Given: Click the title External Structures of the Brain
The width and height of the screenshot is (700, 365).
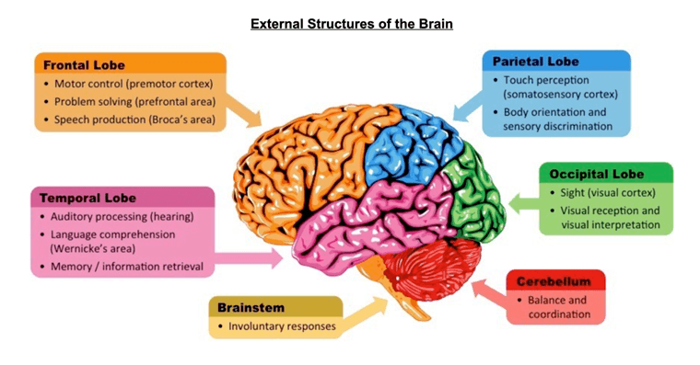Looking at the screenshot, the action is tap(352, 24).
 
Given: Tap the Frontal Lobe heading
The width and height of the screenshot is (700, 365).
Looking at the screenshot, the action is tap(84, 65).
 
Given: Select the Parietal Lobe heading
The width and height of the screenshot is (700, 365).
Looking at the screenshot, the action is tap(536, 62).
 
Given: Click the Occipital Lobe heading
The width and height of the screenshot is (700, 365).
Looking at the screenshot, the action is tap(597, 174).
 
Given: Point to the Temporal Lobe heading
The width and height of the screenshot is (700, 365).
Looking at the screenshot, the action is tap(87, 198).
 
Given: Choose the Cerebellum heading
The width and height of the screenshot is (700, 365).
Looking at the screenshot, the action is tap(554, 281).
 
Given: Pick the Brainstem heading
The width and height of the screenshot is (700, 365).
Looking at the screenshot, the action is tap(251, 307).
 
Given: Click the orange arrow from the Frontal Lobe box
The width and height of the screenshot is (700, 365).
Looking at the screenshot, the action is tap(243, 110).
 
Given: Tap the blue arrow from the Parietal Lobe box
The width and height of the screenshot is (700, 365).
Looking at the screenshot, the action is tap(468, 106).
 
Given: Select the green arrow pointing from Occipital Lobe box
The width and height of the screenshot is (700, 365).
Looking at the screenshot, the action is tap(524, 204).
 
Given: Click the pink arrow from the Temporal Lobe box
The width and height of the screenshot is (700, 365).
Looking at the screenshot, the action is tap(249, 258).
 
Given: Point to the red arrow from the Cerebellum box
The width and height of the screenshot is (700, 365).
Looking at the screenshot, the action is tap(489, 291).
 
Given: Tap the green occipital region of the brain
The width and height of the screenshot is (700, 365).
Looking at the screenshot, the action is tap(475, 196).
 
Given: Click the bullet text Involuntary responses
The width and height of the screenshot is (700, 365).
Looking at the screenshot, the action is tap(282, 326).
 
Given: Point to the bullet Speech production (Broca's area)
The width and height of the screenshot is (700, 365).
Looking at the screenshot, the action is tap(134, 120).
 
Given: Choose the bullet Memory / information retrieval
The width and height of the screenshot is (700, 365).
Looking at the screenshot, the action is tap(127, 267).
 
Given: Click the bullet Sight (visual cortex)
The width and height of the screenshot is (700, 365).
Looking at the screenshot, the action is tap(608, 192).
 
